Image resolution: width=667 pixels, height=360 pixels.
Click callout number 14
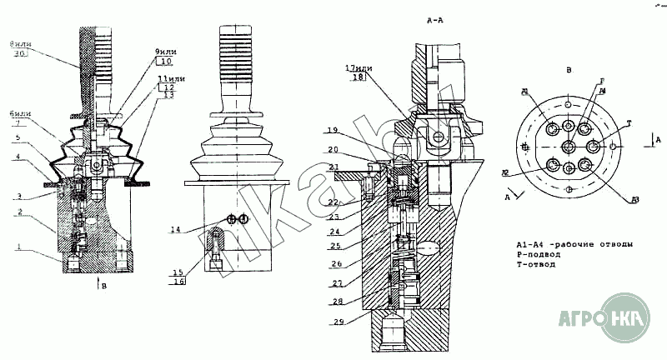point(175,228)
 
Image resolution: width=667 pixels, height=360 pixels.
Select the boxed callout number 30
point(18,52)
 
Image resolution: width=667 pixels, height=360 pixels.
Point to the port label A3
point(635,200)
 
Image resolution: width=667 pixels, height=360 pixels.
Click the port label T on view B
point(629,123)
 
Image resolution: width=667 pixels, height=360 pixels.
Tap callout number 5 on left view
point(16,137)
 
